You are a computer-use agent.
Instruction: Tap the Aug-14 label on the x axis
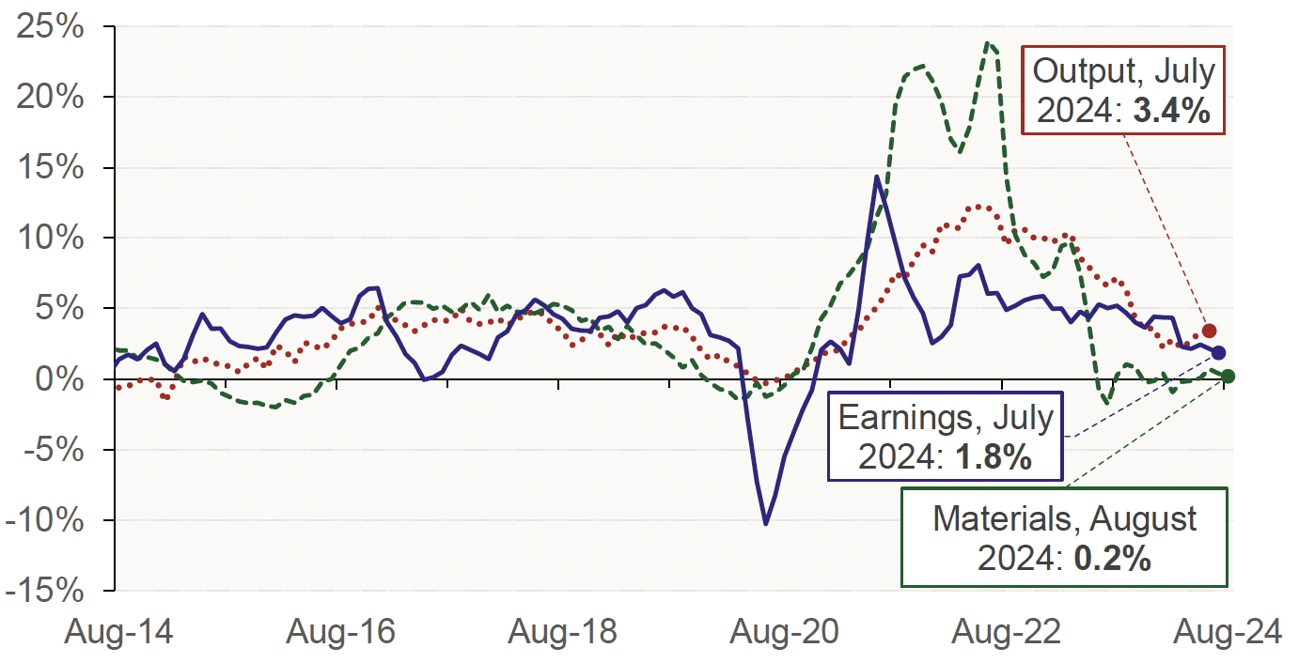117,632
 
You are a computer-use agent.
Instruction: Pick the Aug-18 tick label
561,632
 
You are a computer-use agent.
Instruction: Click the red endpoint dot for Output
1209,331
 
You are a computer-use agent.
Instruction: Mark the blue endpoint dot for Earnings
1218,352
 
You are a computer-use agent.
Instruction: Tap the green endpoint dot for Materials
1228,376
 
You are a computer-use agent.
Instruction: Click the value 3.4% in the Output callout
1169,112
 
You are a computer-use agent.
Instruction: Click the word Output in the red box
1081,71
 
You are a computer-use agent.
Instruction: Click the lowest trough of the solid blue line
766,524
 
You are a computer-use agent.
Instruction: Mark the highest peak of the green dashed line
987,42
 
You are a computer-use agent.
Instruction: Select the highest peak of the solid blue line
877,176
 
